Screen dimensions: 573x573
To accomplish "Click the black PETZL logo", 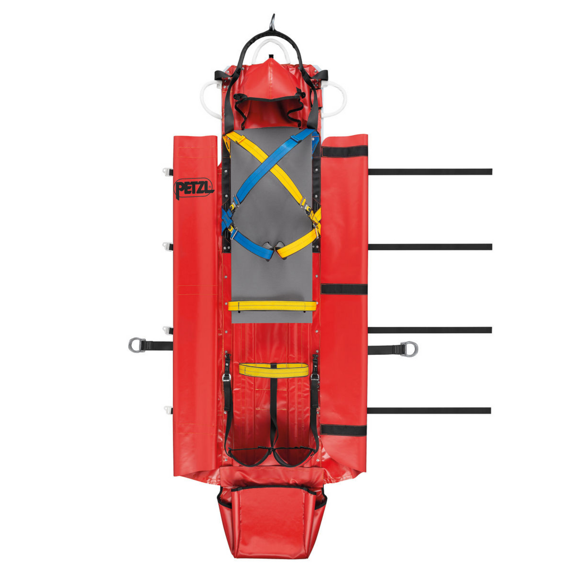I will coord(194,188).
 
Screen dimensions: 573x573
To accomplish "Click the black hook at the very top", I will coord(272,21).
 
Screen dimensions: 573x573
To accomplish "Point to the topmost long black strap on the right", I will coord(430,172).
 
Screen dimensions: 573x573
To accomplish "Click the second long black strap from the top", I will coord(430,247).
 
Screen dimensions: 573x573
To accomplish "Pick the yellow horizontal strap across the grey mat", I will coord(272,306).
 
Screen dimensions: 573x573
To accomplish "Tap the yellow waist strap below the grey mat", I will coord(273,369).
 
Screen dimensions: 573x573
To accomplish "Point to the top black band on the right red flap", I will coord(345,152).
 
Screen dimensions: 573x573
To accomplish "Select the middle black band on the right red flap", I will coord(344,289).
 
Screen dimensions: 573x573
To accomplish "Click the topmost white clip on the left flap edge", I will coord(168,171).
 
